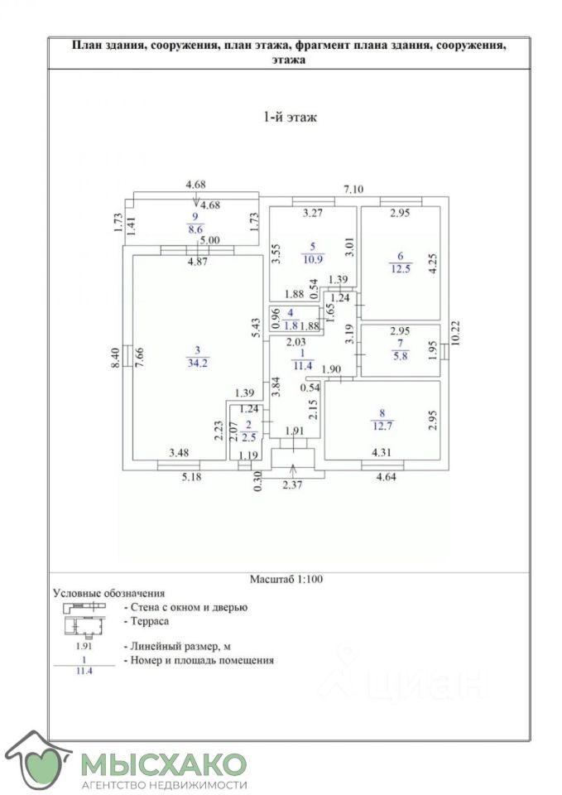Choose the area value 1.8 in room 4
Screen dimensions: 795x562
[x=290, y=325]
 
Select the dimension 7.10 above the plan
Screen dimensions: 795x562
[x=353, y=189]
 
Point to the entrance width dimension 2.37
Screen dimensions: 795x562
[x=293, y=485]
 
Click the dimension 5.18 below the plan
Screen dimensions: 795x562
[x=190, y=477]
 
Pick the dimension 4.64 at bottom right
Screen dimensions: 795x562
[x=387, y=477]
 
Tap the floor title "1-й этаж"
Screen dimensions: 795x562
[x=289, y=118]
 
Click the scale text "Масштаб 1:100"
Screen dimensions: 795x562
[x=286, y=580]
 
